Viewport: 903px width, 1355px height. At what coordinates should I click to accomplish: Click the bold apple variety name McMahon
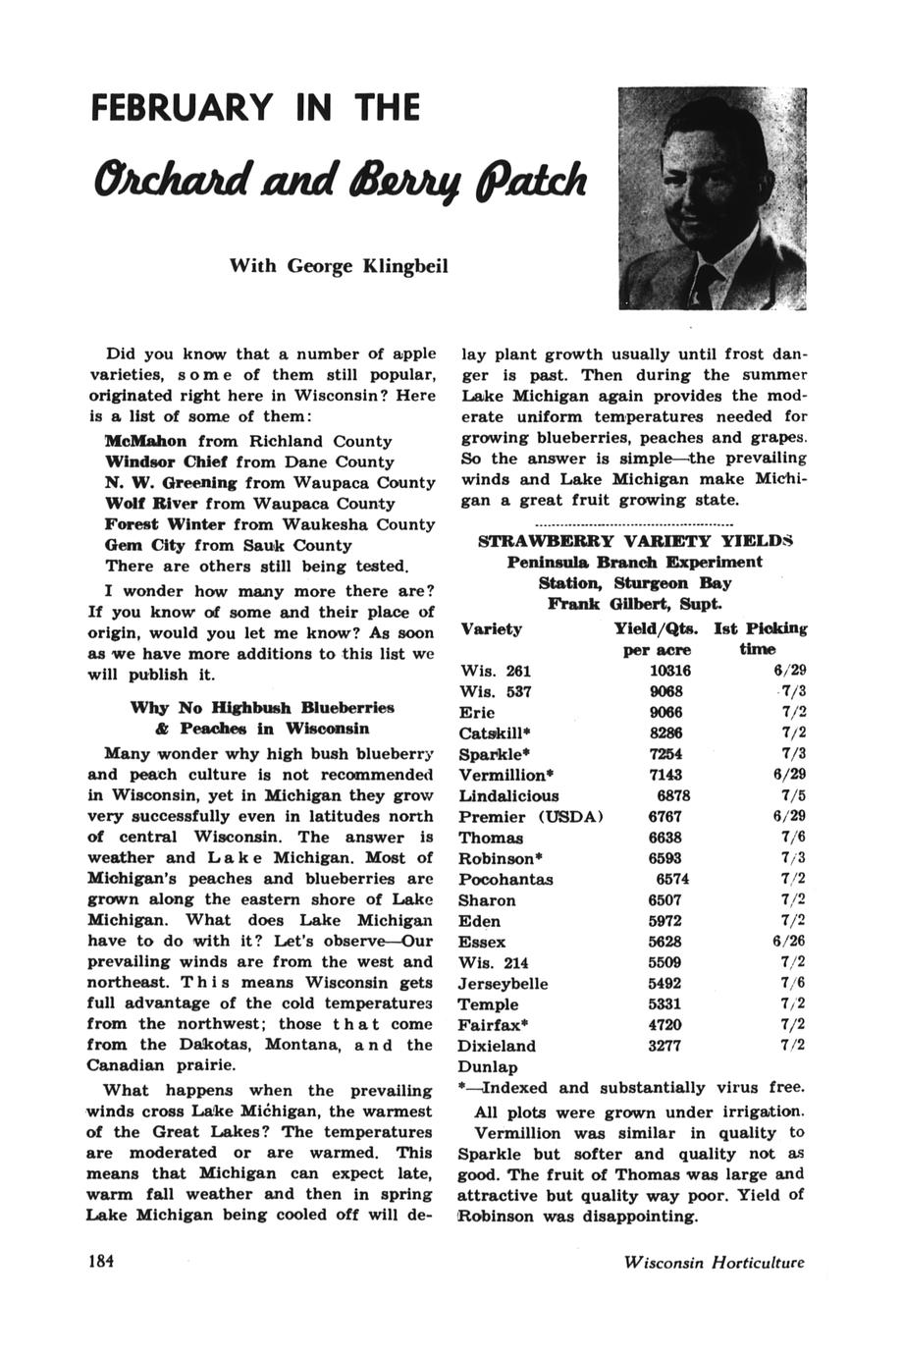click(151, 441)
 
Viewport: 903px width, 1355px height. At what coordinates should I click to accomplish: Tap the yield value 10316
click(670, 671)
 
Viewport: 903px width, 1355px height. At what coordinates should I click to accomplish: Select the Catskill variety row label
click(497, 733)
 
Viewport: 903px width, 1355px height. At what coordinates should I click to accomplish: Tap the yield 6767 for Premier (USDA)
click(664, 817)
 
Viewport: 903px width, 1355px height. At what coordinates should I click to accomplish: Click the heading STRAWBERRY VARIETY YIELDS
click(634, 541)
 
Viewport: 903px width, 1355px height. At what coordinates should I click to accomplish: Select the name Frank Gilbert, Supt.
click(635, 603)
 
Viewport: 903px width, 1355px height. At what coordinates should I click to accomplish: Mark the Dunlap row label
click(488, 1066)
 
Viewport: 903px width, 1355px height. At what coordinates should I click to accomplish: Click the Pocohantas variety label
click(505, 879)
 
